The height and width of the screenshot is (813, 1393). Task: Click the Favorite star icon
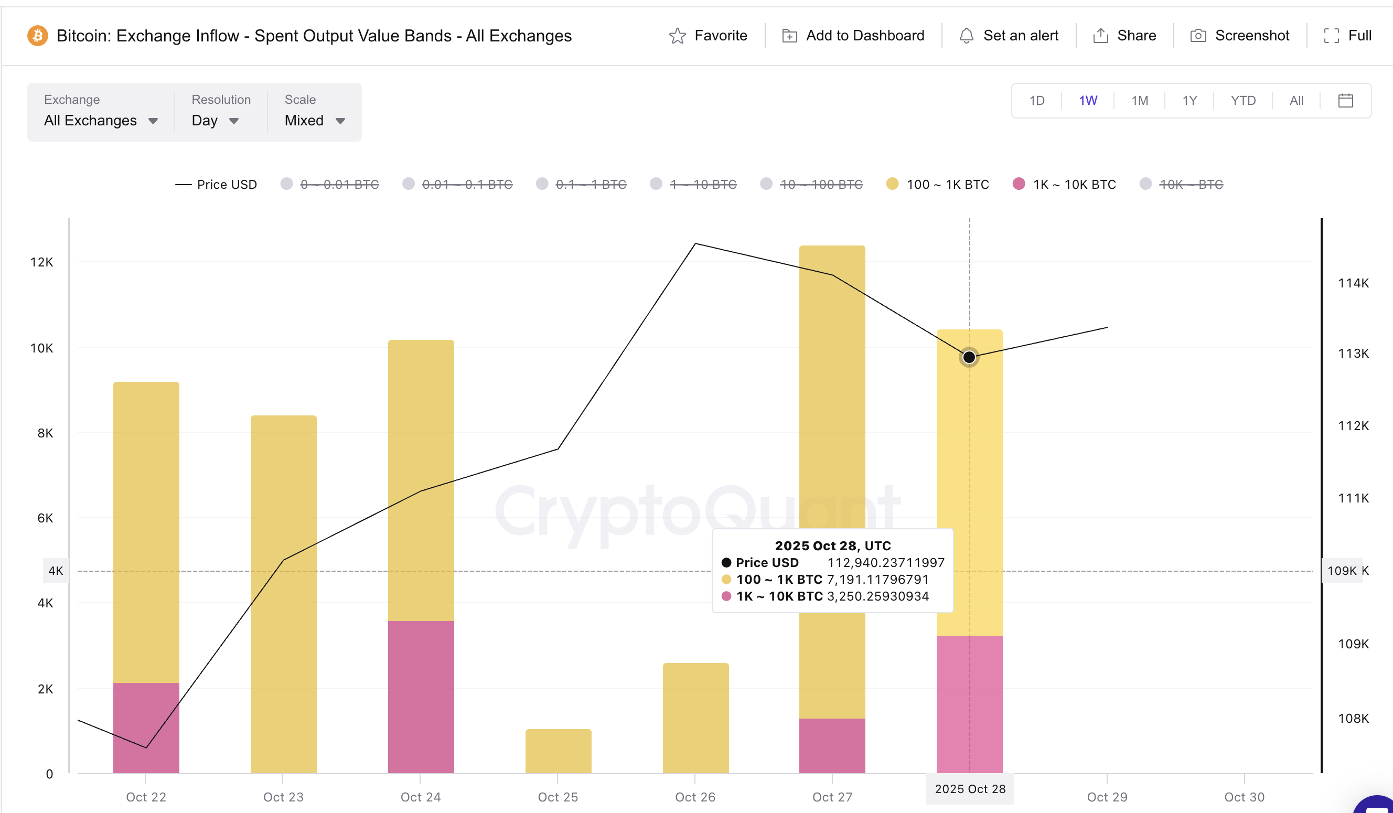pos(677,36)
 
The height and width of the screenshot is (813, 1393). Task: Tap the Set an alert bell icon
pos(966,36)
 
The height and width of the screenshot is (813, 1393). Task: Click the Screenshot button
pos(1239,36)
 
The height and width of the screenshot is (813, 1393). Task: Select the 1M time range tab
pos(1139,101)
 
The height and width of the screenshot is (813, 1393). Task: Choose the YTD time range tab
pos(1242,101)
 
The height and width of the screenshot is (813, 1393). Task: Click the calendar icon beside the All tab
pos(1345,101)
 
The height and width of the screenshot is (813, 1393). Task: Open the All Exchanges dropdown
pos(101,121)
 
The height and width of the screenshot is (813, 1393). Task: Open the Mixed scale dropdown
pos(314,121)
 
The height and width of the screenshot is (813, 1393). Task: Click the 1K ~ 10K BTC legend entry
pos(1064,184)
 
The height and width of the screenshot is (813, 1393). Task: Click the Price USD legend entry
pos(217,184)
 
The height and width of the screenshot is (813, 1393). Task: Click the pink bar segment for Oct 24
pos(421,697)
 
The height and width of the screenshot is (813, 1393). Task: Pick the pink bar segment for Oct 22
pos(146,727)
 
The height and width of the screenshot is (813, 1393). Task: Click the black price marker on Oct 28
pos(969,357)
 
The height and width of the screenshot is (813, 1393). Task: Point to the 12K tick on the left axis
pos(41,262)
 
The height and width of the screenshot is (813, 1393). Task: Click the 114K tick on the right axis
pos(1353,283)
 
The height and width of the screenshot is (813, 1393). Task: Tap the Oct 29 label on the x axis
pos(1107,796)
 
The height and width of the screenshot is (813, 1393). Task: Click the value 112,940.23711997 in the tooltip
pos(885,563)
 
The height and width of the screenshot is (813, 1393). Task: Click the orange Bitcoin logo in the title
pos(38,36)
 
